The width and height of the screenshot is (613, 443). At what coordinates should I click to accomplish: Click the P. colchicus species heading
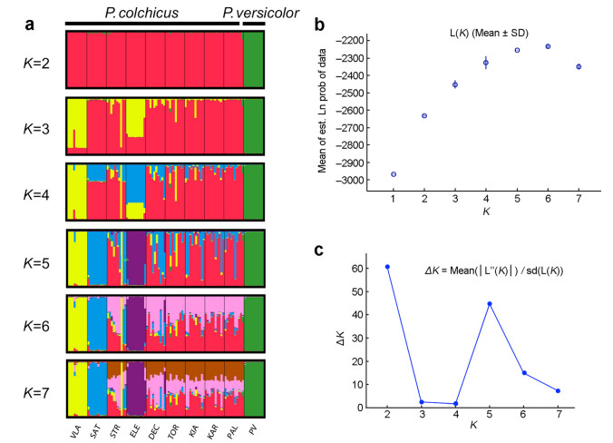pyautogui.click(x=141, y=12)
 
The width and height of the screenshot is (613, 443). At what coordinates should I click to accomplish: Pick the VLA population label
pyautogui.click(x=77, y=419)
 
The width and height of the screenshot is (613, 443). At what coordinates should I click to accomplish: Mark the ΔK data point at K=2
pyautogui.click(x=387, y=267)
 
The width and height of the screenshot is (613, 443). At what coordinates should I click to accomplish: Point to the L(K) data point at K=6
pyautogui.click(x=548, y=46)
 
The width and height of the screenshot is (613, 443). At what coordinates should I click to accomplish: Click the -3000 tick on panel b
pyautogui.click(x=364, y=180)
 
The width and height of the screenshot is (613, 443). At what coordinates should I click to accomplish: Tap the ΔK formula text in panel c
pyautogui.click(x=494, y=270)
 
